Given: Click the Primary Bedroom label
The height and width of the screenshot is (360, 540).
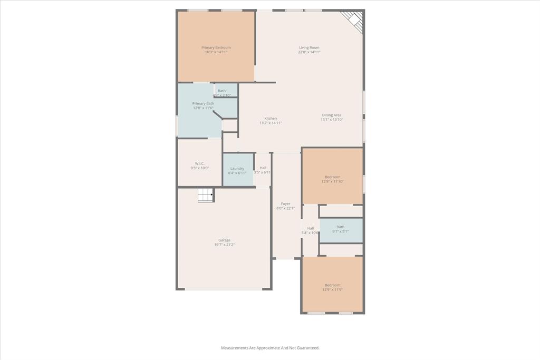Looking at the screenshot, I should (x=216, y=47).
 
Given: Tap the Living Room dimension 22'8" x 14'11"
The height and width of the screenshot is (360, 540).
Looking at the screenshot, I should (x=309, y=52).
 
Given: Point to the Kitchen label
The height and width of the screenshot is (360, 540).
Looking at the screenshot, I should (x=271, y=119).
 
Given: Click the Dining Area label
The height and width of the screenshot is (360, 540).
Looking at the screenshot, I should (x=332, y=115).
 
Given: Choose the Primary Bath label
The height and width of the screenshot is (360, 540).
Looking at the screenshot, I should (x=203, y=103).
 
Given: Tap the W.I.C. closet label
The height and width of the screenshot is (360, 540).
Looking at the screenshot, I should (x=199, y=163).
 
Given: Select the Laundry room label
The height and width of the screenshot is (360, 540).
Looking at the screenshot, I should (x=237, y=169).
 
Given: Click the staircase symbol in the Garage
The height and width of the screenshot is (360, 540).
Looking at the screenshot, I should (x=206, y=195).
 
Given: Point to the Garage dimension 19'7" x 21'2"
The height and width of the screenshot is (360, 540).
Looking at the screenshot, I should (x=224, y=245).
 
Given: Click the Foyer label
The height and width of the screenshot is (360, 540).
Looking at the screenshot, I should (x=285, y=203).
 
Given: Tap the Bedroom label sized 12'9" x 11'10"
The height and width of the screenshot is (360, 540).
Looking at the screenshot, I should (x=332, y=177).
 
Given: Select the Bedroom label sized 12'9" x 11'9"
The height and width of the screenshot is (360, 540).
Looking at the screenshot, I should (x=332, y=285).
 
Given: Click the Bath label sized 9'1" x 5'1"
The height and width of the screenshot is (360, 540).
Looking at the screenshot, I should (x=340, y=227).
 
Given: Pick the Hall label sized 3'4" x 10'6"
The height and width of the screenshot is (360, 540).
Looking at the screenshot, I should (x=310, y=228).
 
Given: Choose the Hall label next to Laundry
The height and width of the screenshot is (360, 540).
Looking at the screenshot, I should (x=263, y=168).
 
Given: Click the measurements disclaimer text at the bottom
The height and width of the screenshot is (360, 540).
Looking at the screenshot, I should (x=269, y=348).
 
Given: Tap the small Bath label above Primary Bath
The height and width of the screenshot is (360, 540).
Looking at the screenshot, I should (x=221, y=91).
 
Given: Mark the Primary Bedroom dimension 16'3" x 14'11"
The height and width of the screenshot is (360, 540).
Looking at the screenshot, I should (x=216, y=52).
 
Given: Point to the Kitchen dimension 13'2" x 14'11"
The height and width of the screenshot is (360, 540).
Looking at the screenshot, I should (x=271, y=123).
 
